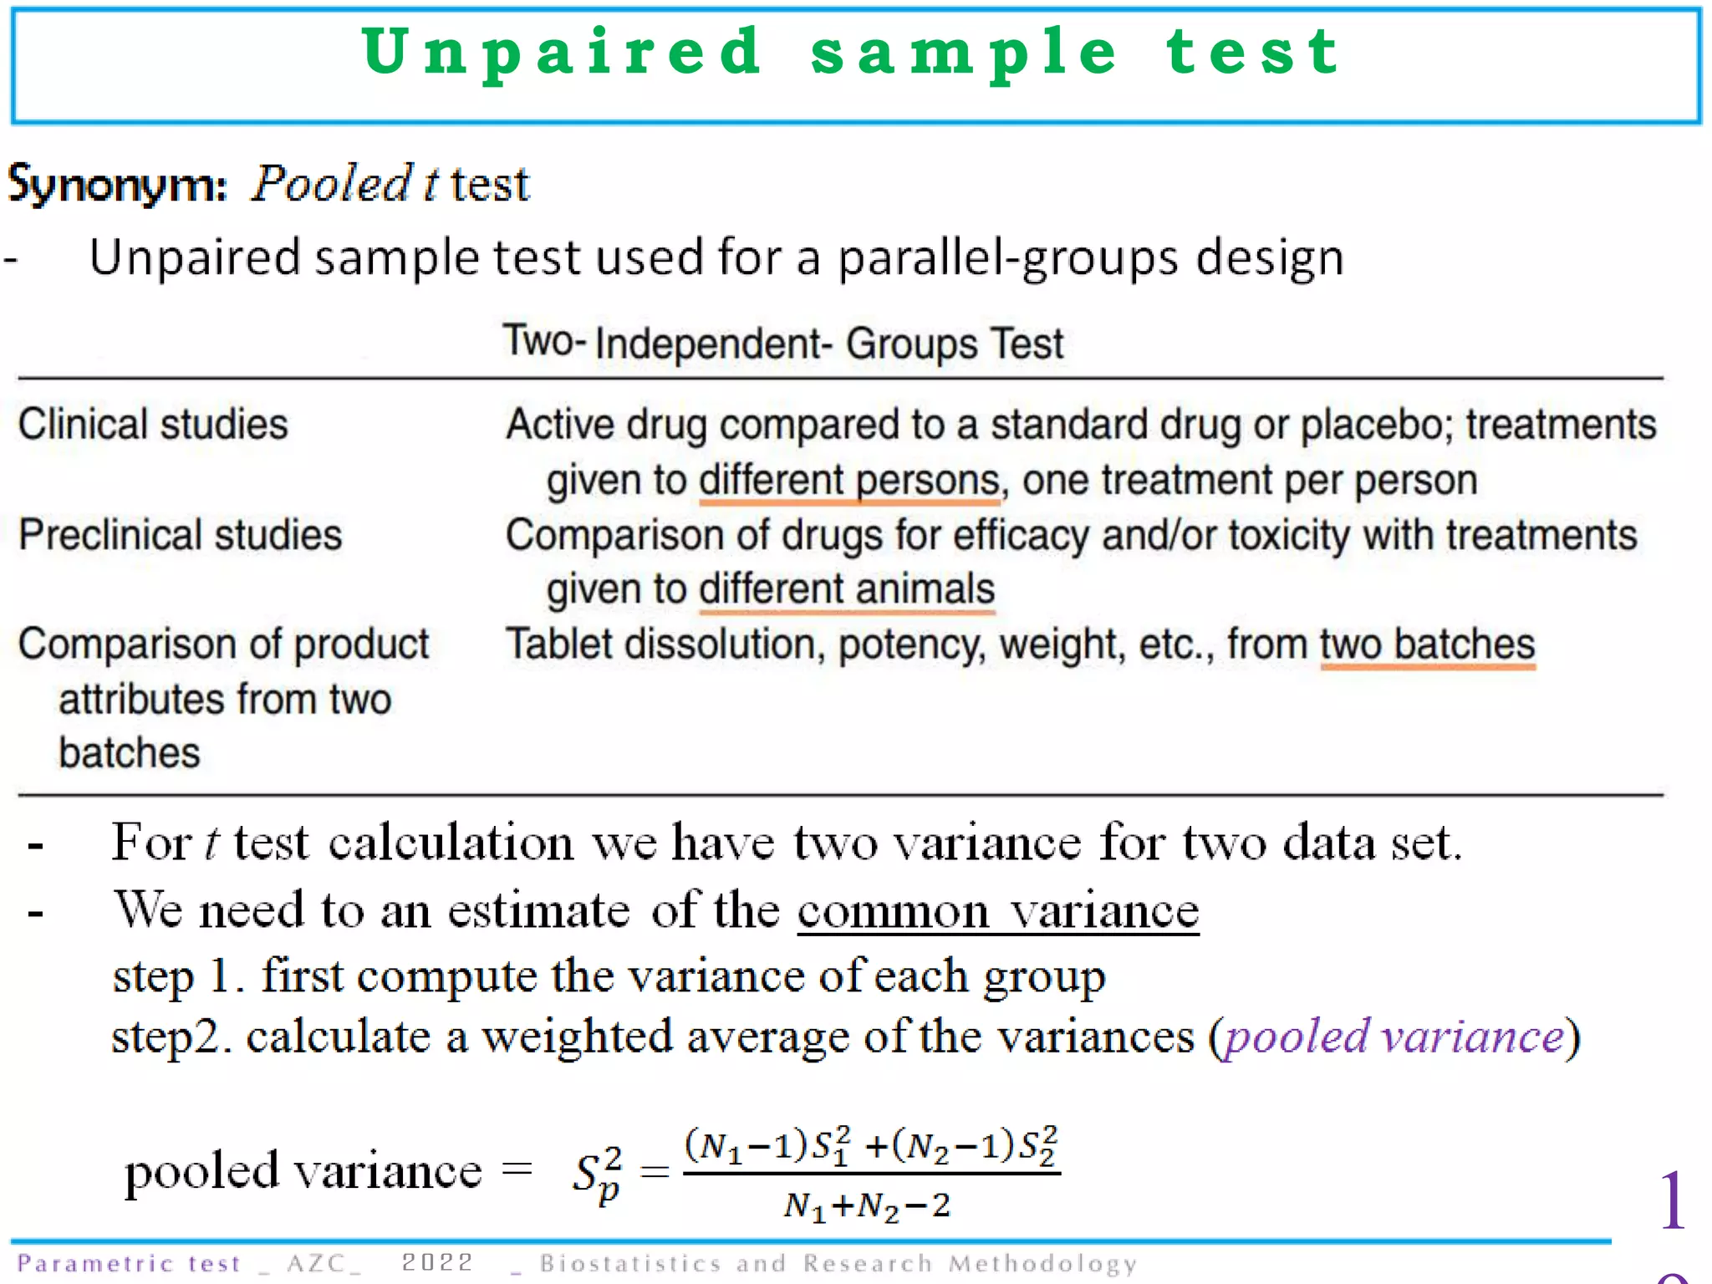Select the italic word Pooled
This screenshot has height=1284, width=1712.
click(x=332, y=184)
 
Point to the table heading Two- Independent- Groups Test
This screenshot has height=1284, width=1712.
click(x=782, y=344)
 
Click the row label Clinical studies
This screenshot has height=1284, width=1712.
click(x=153, y=424)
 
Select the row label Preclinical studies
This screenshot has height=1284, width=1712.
click(x=181, y=535)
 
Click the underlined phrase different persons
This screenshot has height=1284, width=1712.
click(x=849, y=481)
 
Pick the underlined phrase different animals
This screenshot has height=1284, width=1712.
click(x=847, y=589)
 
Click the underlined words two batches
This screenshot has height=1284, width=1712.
click(x=1428, y=645)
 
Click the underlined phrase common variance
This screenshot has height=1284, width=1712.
click(x=998, y=910)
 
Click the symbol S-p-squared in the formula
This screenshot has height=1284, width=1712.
click(x=598, y=1173)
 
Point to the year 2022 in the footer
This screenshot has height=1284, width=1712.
click(x=437, y=1262)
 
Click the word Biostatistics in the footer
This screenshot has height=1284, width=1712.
click(x=630, y=1263)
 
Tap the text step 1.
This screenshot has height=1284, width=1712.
click(x=172, y=976)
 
